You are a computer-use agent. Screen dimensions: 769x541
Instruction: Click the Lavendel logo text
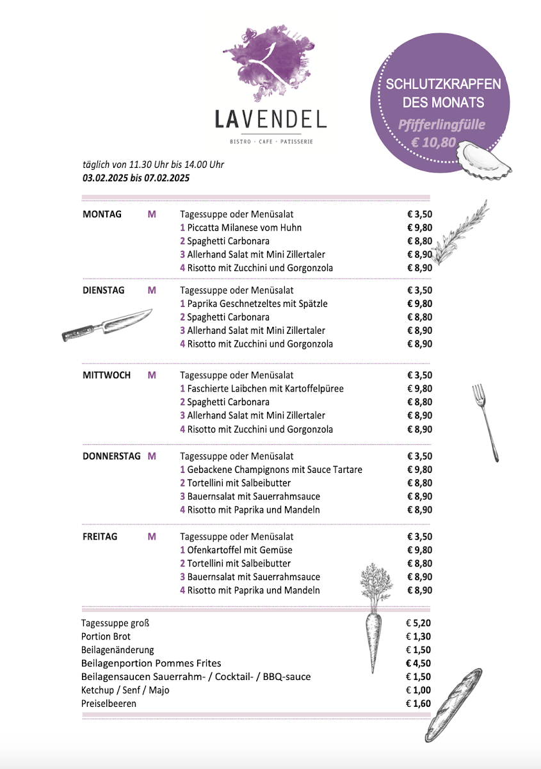click(x=270, y=119)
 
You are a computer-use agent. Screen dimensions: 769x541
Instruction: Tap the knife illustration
click(x=107, y=324)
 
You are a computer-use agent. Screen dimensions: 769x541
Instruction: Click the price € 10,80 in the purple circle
click(x=433, y=142)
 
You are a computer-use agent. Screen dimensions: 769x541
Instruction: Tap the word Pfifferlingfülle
click(x=441, y=125)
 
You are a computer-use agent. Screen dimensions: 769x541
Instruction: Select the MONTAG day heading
click(x=102, y=214)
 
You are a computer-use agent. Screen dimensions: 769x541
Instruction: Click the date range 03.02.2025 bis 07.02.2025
click(x=136, y=178)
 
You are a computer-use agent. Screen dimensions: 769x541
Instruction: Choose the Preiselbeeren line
click(x=109, y=704)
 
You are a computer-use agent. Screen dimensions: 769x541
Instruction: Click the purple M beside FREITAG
click(x=152, y=536)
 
